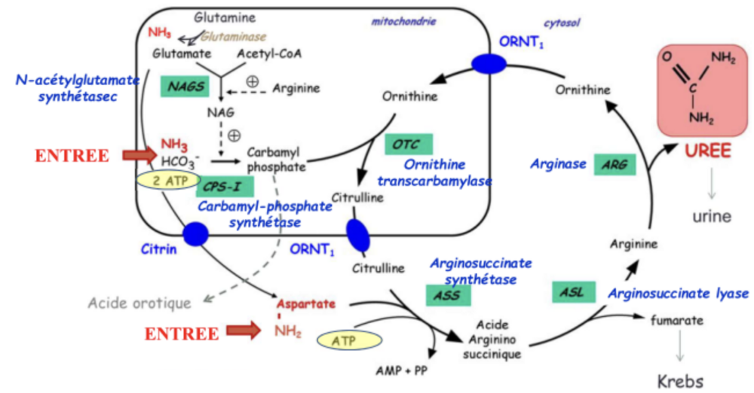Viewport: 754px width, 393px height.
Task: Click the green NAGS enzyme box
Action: [184, 87]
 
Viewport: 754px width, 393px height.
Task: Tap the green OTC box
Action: [407, 143]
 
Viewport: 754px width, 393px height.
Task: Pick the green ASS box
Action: [447, 295]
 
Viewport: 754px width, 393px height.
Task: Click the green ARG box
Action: [615, 164]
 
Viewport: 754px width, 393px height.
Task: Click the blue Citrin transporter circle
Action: [195, 233]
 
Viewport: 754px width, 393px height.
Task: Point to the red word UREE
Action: [707, 150]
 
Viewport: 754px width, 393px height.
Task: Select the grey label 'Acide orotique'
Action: [140, 303]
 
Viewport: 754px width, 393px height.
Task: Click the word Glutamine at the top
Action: [225, 17]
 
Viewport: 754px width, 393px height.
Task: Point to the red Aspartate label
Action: [305, 304]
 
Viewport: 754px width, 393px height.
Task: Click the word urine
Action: [712, 217]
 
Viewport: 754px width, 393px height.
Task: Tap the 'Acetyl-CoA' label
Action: [267, 53]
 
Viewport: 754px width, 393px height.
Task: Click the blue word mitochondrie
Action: [403, 22]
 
